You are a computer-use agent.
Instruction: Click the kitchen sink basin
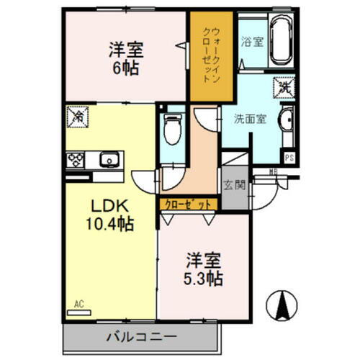(109, 159)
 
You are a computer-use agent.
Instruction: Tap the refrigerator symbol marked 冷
(76, 114)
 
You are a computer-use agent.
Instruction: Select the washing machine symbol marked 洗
(282, 88)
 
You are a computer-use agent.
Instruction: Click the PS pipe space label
(289, 158)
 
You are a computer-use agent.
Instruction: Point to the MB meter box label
(273, 171)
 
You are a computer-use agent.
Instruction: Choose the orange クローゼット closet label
(186, 204)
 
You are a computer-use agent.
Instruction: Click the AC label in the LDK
(78, 303)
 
